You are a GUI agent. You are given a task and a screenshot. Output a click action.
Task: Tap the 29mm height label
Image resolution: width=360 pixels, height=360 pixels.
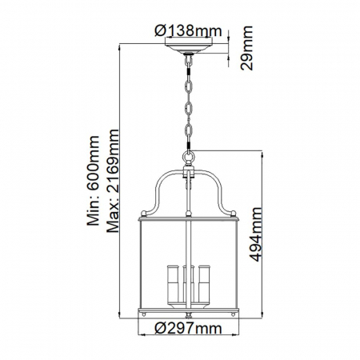[x=249, y=49]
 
